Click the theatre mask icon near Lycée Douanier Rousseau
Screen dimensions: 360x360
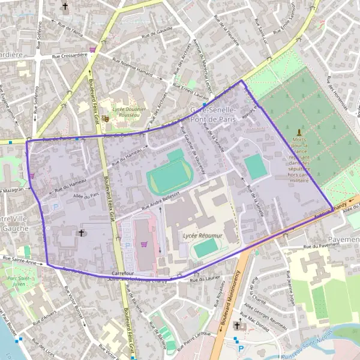(105, 119)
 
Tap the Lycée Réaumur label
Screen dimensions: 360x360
(202, 236)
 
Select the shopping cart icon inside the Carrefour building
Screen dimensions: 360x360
(143, 244)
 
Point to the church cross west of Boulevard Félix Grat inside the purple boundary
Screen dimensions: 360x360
(82, 232)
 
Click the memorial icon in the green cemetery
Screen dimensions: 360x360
(299, 131)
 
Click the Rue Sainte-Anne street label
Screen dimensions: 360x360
(22, 259)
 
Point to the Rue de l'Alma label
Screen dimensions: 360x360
(70, 26)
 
